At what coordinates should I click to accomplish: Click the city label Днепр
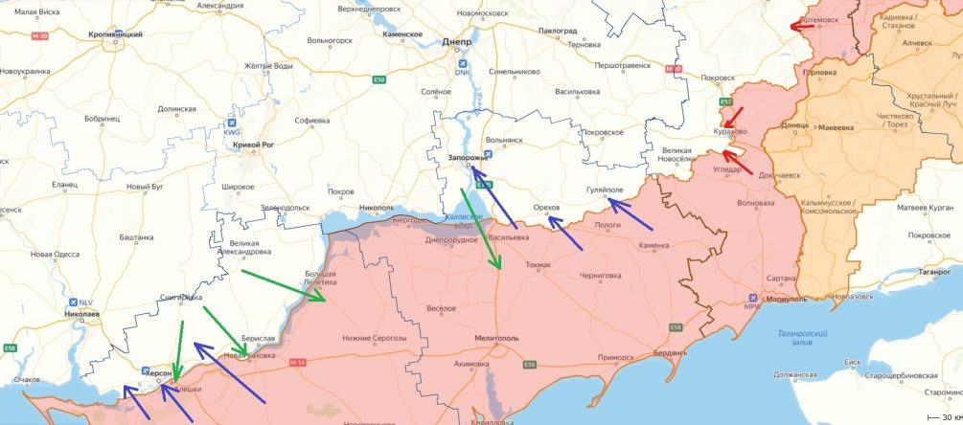point(457,42)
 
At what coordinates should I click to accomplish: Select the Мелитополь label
point(498,339)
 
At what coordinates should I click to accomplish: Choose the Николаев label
point(77,313)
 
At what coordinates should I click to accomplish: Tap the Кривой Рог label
point(252,145)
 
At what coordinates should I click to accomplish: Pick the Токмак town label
point(539,264)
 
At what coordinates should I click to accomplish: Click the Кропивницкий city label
point(116,34)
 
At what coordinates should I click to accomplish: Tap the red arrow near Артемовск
point(802,26)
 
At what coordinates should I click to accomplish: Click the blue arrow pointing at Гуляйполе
point(631,215)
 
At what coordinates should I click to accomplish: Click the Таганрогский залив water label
point(803,336)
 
